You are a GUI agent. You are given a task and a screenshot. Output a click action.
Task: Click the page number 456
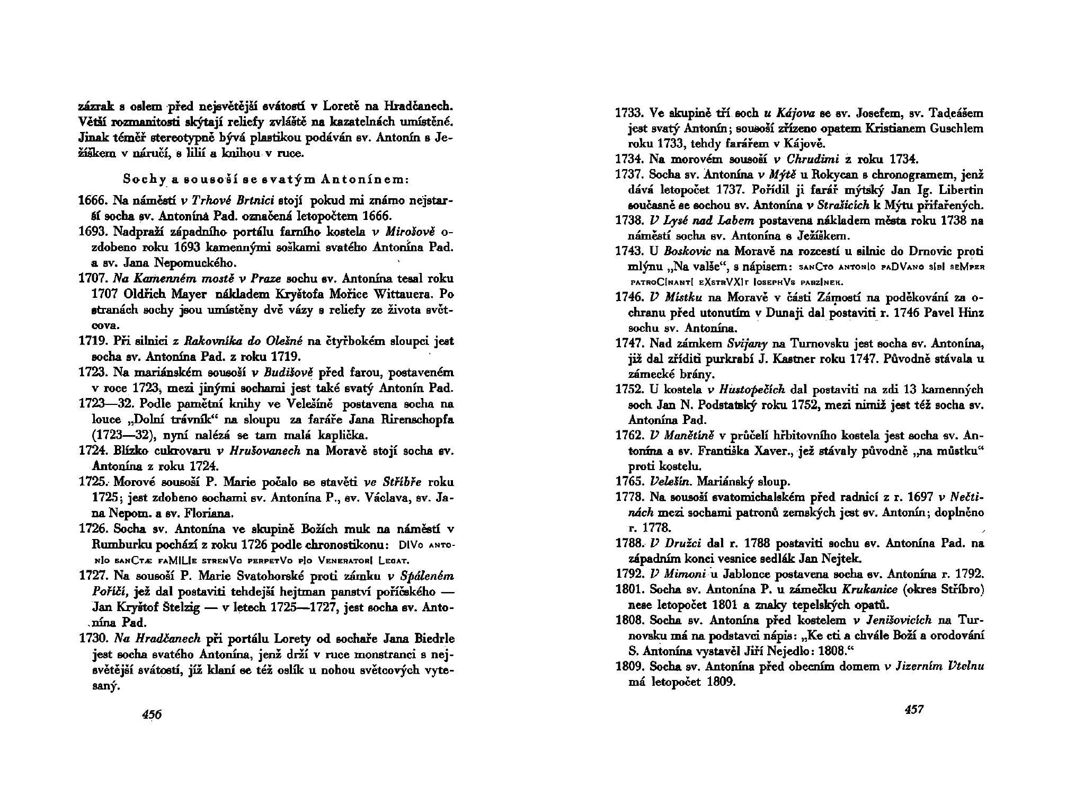pos(152,714)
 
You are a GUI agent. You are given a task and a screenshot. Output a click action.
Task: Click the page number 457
pos(913,709)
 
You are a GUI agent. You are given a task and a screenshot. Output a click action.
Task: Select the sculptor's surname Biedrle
pos(433,639)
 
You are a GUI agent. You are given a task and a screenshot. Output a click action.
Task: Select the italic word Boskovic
pos(686,251)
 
